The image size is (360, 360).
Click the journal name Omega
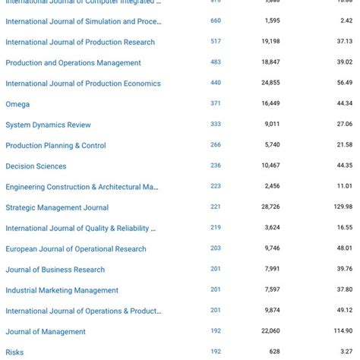(x=17, y=104)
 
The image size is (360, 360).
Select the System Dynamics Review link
(x=48, y=125)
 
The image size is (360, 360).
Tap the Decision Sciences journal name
(x=36, y=166)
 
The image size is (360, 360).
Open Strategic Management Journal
(x=57, y=207)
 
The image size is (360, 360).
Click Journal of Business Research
(x=55, y=270)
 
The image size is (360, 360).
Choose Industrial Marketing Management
(x=62, y=290)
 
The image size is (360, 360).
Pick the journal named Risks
(x=14, y=352)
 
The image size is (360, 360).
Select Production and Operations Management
(x=73, y=63)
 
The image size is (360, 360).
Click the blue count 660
(x=216, y=21)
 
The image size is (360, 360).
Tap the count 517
(x=216, y=42)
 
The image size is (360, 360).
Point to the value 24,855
(x=270, y=83)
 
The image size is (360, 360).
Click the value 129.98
(x=343, y=207)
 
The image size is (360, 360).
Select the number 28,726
(x=270, y=207)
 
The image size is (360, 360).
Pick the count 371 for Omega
(x=216, y=103)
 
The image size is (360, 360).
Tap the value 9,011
(x=272, y=124)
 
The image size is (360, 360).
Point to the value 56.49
(x=345, y=83)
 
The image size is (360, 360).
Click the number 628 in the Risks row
(x=274, y=351)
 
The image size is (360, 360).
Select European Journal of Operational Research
(x=76, y=249)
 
